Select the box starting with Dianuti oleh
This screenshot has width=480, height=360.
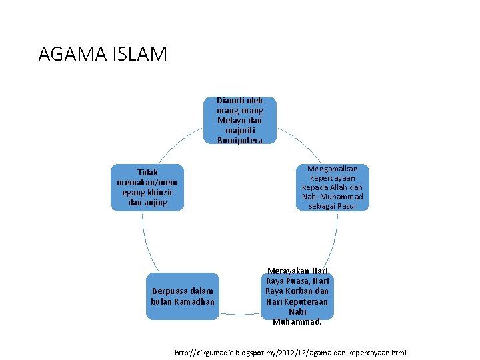coord(239,121)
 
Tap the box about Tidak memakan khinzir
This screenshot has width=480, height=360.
coord(147,187)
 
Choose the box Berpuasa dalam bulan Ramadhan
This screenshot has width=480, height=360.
coord(182,296)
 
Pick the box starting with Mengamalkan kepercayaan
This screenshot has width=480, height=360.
coord(332,187)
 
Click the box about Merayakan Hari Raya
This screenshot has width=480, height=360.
coord(297,296)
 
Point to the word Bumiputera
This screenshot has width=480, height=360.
coord(239,141)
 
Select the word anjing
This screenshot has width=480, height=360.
coord(155,202)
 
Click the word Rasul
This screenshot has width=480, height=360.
coord(346,206)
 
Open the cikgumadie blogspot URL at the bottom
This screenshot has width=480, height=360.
coord(289,352)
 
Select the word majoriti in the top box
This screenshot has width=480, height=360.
coord(239,131)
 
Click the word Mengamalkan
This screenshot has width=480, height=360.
coord(332,169)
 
